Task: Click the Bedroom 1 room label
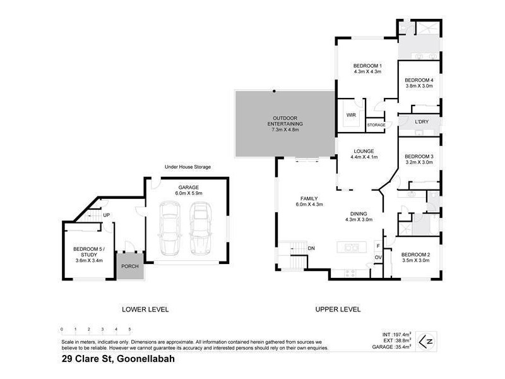pyautogui.click(x=367, y=66)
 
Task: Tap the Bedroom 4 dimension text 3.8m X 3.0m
pyautogui.click(x=419, y=87)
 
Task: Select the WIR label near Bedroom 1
pyautogui.click(x=351, y=115)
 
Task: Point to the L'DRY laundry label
pyautogui.click(x=422, y=121)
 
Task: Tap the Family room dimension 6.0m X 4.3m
pyautogui.click(x=310, y=205)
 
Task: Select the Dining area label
pyautogui.click(x=359, y=214)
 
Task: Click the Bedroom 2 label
pyautogui.click(x=415, y=254)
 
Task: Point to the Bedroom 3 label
pyautogui.click(x=419, y=156)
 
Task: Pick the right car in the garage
pyautogui.click(x=199, y=227)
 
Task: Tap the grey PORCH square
pyautogui.click(x=130, y=267)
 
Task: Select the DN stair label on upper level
pyautogui.click(x=311, y=248)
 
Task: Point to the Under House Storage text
pyautogui.click(x=187, y=167)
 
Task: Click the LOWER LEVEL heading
pyautogui.click(x=145, y=310)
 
